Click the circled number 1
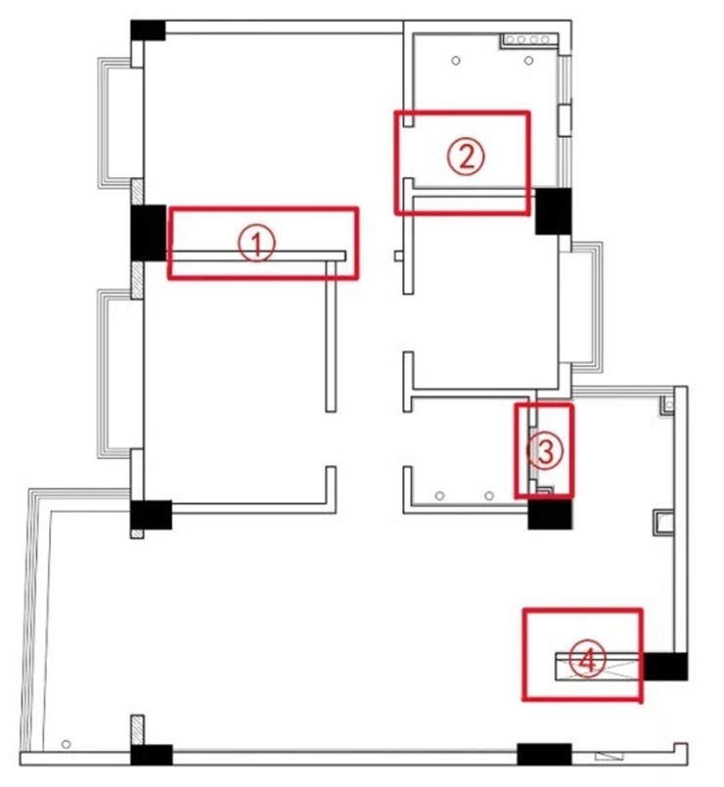coord(256,243)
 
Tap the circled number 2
coord(466,156)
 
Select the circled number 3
coord(544,450)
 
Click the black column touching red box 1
coord(149,232)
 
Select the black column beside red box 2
coord(553,210)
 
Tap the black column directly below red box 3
coord(550,514)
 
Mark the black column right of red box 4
coord(665,666)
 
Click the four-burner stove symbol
coord(529,40)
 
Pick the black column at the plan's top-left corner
coord(148,30)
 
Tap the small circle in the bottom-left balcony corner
coord(66,744)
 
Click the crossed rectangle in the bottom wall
coord(610,756)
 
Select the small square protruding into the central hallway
coord(399,256)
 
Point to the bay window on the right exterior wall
coord(586,307)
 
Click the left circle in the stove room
coord(456,61)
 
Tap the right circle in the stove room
coord(528,61)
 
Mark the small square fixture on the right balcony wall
coord(663,523)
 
